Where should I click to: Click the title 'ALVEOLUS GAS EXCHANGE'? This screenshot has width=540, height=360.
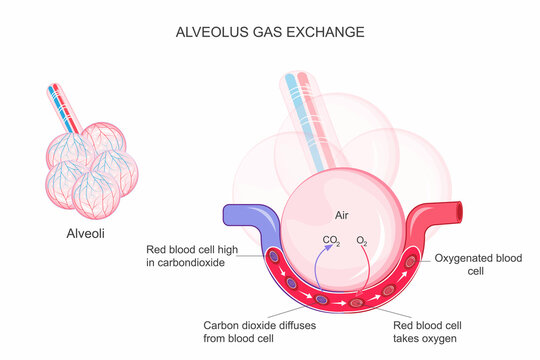click(x=269, y=32)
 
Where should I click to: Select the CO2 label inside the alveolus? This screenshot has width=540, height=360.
click(x=331, y=240)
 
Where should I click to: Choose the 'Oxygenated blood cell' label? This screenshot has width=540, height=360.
click(x=478, y=264)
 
